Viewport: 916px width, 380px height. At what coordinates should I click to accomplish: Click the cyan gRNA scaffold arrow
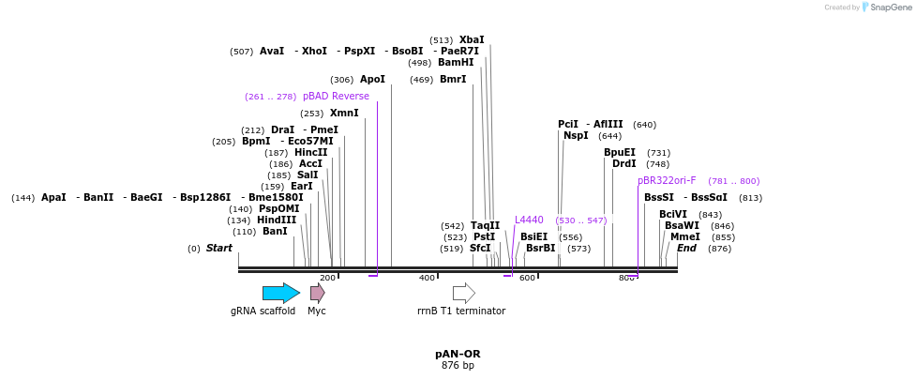[x=280, y=293]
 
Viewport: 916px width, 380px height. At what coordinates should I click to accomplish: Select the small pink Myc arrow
[x=317, y=293]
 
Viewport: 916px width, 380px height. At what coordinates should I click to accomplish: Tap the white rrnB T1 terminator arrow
[x=463, y=293]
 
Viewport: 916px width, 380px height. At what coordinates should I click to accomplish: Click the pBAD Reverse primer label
[x=336, y=96]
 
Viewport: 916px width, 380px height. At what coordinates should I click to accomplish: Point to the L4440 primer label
[x=529, y=220]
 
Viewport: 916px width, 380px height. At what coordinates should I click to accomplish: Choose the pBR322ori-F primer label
[x=667, y=180]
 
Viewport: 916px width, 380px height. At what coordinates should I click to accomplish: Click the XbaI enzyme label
[x=472, y=39]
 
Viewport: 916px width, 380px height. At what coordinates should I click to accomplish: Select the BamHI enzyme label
[x=456, y=62]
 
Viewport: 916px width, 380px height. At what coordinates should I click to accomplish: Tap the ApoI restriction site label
[x=372, y=79]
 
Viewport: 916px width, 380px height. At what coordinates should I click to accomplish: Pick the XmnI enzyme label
[x=344, y=113]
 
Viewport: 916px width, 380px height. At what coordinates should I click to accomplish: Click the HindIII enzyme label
[x=277, y=220]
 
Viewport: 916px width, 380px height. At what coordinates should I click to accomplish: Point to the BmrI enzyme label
[x=453, y=79]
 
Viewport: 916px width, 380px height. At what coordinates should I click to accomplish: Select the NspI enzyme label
[x=576, y=135]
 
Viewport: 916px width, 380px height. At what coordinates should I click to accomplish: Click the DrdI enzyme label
[x=623, y=163]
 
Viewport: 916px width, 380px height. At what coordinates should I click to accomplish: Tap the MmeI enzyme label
[x=684, y=236]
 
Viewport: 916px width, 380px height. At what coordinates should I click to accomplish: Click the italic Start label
[x=218, y=248]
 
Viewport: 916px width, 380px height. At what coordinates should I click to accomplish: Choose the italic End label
[x=686, y=248]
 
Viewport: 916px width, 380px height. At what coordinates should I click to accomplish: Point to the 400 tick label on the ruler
[x=428, y=278]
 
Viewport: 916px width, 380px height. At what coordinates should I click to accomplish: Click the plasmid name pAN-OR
[x=458, y=354]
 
